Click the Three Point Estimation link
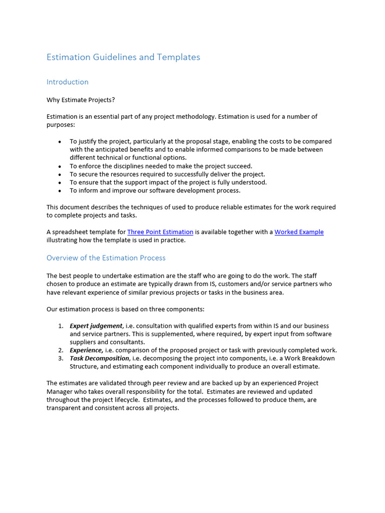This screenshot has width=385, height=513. click(x=160, y=232)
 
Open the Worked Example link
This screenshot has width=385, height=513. click(x=299, y=232)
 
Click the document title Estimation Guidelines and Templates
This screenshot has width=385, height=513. click(x=123, y=57)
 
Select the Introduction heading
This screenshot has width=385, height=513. click(x=67, y=82)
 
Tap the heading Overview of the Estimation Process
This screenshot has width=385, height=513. click(x=106, y=258)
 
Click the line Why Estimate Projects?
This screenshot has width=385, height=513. click(x=81, y=100)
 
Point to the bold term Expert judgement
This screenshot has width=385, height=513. click(x=96, y=326)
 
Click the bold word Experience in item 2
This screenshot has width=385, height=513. click(x=86, y=350)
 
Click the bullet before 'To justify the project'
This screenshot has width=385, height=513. click(x=60, y=142)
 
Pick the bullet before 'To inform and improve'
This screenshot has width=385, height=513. click(x=60, y=191)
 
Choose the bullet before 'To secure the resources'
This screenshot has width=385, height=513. click(x=60, y=174)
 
